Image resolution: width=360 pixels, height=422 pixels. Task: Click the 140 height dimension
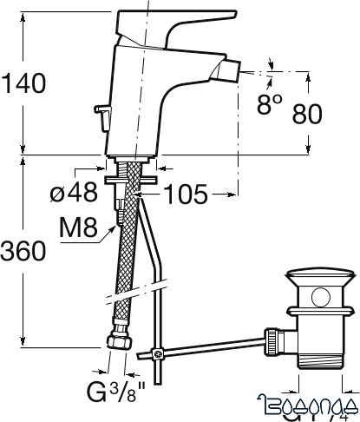coord(23,82)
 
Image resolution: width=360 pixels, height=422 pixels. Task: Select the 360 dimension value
coord(23,251)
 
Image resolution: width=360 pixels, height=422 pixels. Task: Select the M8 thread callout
coord(75,230)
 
